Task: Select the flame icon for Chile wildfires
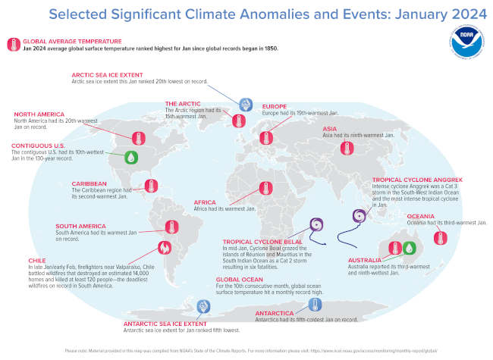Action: coord(163,247)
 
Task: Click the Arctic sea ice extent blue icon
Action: coord(244,105)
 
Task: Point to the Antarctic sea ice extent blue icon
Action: coord(203,307)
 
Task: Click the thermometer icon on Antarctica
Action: coord(312,305)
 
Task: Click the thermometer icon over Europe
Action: coord(265,137)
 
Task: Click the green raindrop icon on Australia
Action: coord(409,247)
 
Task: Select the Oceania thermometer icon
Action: coord(438,237)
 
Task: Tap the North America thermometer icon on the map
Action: coord(138,138)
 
